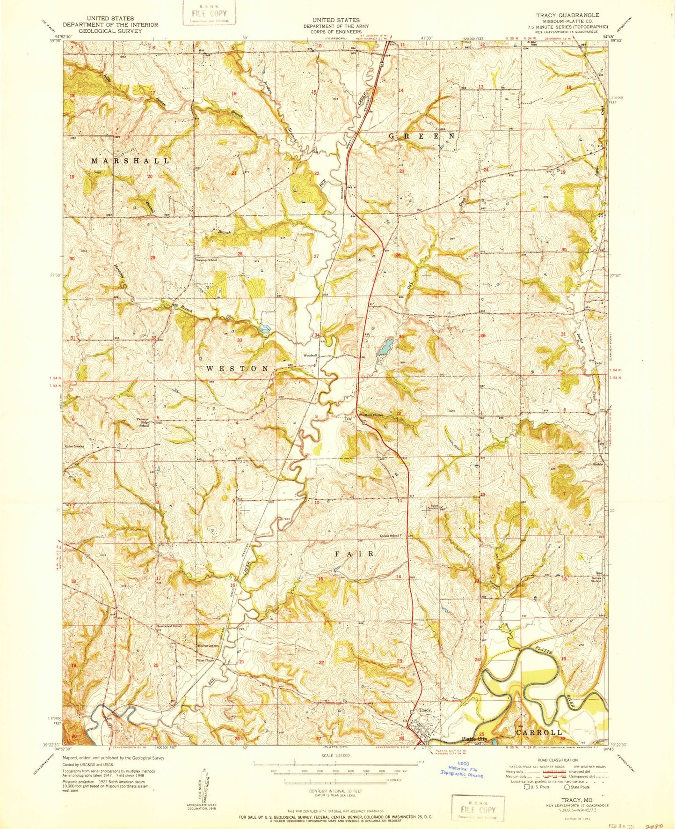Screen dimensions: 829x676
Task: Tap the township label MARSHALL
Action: click(x=131, y=161)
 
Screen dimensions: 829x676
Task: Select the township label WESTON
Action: click(x=237, y=369)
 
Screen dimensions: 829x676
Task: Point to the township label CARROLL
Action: click(x=538, y=732)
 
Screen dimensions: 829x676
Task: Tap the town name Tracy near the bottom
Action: click(x=424, y=711)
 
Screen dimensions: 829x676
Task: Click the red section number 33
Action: click(x=240, y=340)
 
